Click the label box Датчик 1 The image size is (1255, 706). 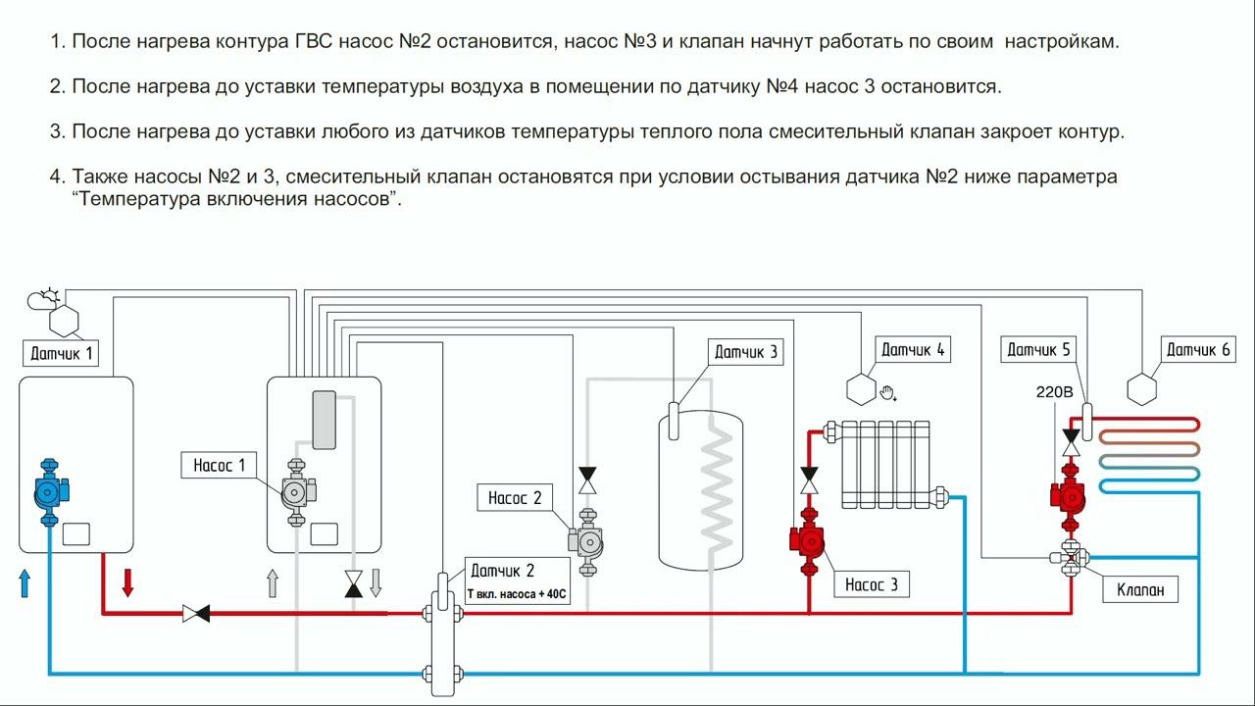coord(63,353)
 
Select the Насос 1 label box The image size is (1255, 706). coord(220,465)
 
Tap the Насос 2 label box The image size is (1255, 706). coord(515,498)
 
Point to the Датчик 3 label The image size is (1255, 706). coord(746,352)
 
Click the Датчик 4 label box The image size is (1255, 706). coord(913,349)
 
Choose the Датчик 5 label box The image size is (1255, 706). coord(1039,349)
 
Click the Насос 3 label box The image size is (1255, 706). coord(872,584)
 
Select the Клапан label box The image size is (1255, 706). coord(1140,589)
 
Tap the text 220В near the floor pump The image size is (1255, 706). coord(1055,392)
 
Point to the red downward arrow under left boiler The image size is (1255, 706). coord(127,581)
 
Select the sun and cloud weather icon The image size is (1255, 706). coord(44,297)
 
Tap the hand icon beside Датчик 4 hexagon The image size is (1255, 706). coord(888,393)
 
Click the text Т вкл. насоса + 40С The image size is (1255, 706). coord(517,594)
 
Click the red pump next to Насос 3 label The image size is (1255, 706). coord(809,542)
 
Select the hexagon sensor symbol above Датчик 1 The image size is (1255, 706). coord(64,320)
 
